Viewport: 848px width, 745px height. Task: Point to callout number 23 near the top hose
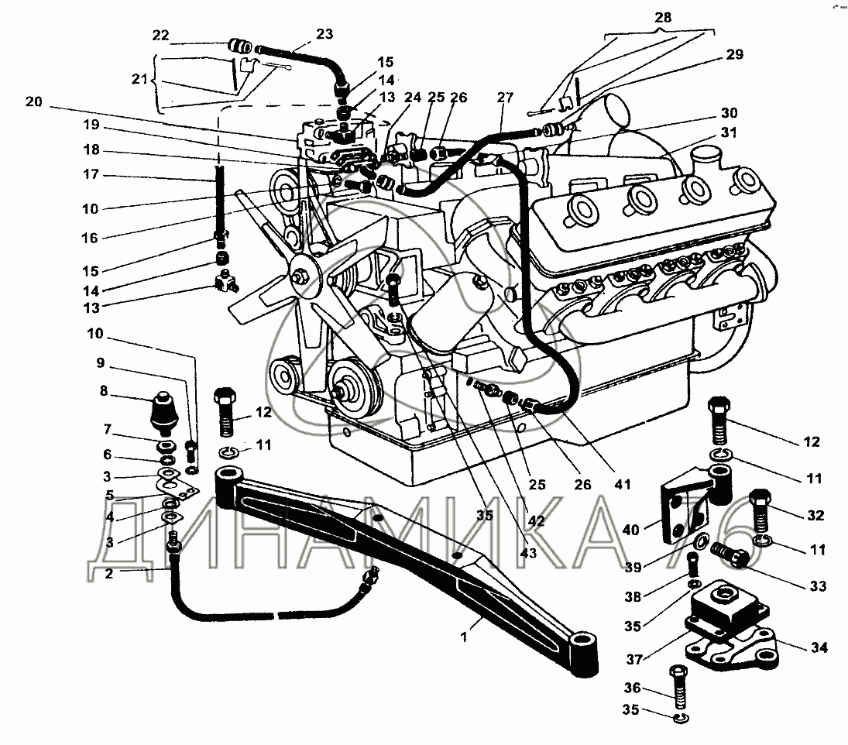tap(324, 34)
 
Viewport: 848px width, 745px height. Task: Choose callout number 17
tap(91, 176)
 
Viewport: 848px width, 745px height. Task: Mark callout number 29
tap(733, 54)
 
